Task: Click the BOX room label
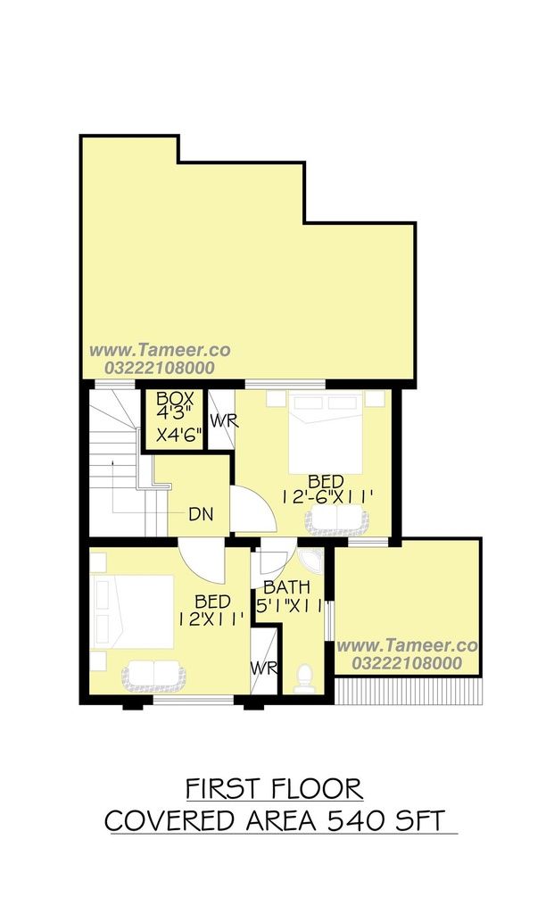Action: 175,399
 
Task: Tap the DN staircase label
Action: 201,514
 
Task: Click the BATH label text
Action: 286,586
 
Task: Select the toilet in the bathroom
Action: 304,678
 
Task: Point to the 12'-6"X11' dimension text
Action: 327,497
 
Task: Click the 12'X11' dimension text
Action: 211,619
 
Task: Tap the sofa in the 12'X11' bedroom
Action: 153,675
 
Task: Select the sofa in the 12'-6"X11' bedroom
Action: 337,519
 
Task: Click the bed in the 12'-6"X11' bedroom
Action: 326,433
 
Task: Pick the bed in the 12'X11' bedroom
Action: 133,611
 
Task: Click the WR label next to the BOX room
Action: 224,421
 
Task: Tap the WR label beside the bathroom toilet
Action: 264,668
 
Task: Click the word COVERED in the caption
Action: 172,821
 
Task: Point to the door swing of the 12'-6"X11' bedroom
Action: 254,508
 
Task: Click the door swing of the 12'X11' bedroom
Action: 202,561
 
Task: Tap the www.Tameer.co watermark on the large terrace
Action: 160,350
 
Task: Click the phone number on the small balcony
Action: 407,663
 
